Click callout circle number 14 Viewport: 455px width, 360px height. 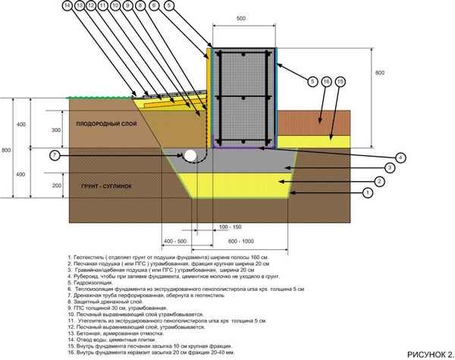[67, 6]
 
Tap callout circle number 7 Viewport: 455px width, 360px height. [53, 155]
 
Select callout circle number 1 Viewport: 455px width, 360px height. [368, 193]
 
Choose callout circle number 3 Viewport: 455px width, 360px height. [368, 167]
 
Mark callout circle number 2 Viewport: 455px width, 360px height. [368, 180]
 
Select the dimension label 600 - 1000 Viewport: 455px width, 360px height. [237, 239]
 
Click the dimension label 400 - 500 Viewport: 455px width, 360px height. [175, 239]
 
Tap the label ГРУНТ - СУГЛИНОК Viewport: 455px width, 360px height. [103, 184]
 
